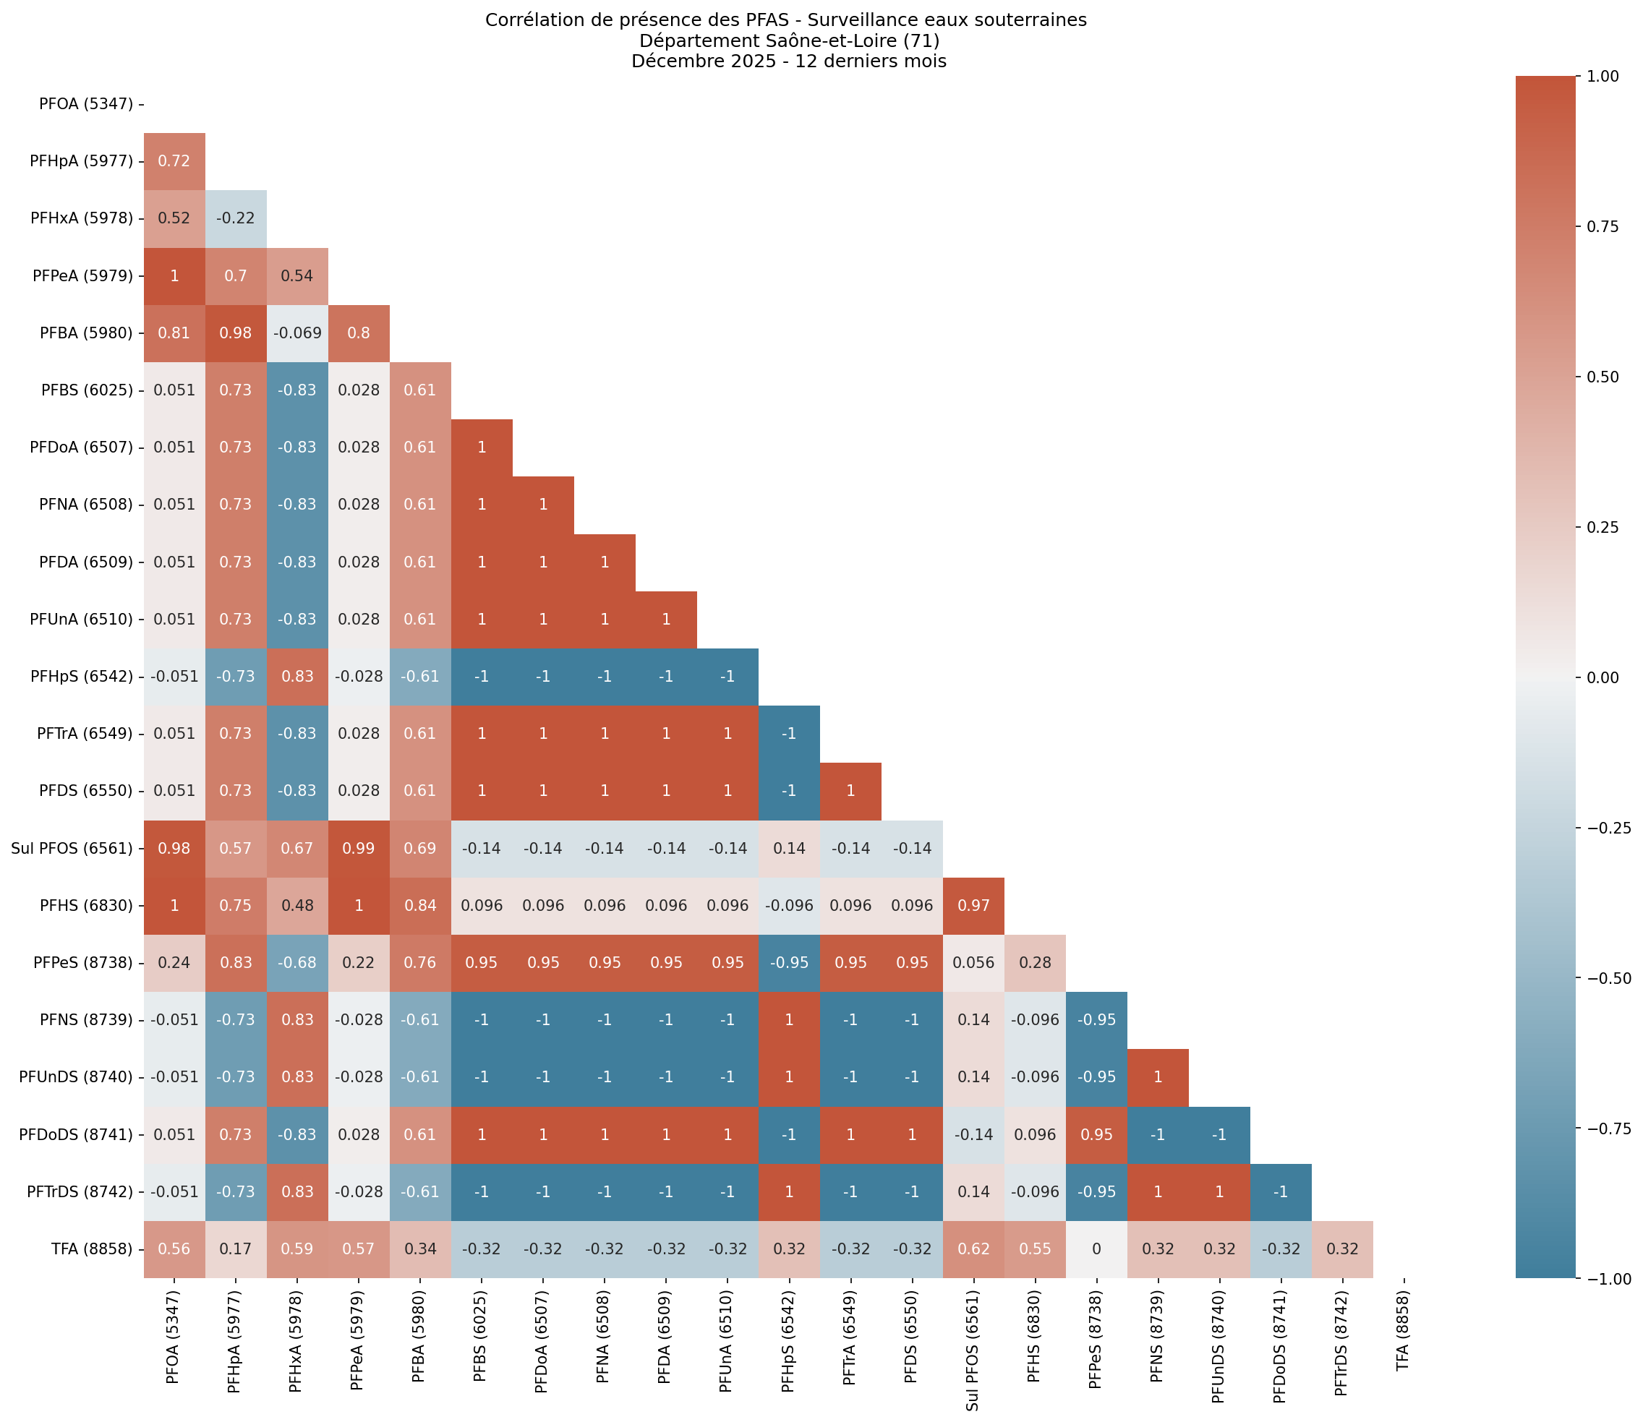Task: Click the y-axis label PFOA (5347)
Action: coord(86,104)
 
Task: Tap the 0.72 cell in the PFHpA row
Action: coord(174,161)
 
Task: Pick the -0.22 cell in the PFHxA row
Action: coord(236,218)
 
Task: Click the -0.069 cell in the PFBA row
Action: coord(296,333)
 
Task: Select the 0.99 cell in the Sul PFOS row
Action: coord(359,848)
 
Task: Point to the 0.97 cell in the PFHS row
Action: coord(973,905)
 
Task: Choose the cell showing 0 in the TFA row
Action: coord(1096,1249)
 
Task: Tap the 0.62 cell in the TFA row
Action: coord(973,1249)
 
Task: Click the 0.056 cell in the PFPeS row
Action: coord(973,962)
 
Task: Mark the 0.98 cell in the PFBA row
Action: coord(236,333)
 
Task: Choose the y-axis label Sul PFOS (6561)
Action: coord(72,848)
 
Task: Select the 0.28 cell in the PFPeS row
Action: coord(1034,962)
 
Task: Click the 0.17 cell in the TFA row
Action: coord(236,1249)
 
